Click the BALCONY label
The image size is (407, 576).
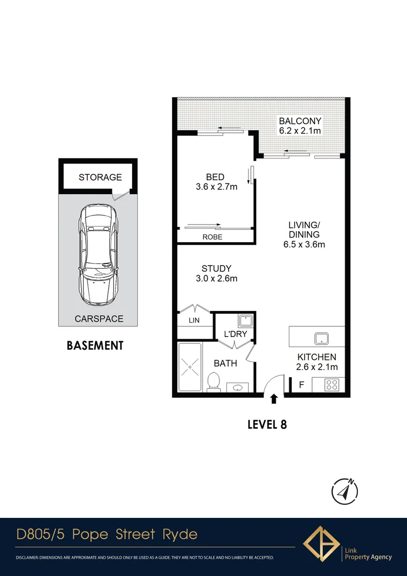point(300,121)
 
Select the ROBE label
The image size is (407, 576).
point(213,237)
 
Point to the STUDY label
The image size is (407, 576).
point(216,268)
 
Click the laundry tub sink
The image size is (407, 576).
point(245,321)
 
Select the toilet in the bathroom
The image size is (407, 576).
point(213,381)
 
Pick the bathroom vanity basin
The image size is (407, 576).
point(238,387)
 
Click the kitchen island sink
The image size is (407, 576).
point(322,338)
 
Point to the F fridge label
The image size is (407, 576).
point(301,384)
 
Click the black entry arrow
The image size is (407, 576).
point(274,398)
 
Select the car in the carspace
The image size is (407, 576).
point(98,255)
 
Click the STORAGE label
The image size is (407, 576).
point(100,177)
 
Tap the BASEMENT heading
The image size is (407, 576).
point(95,346)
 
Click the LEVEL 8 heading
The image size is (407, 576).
point(267,425)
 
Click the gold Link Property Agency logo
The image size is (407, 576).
point(321,545)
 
